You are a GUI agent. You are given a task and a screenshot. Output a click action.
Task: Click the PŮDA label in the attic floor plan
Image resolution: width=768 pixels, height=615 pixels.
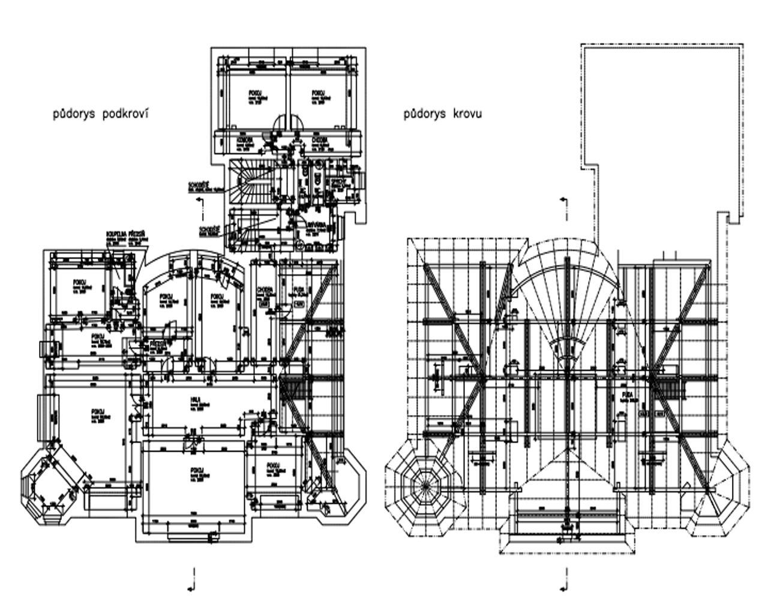298,289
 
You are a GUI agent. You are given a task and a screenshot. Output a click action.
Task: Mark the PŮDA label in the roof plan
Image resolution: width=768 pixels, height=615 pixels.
628,394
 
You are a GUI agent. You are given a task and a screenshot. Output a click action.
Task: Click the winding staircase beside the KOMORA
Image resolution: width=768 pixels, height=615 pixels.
248,180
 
